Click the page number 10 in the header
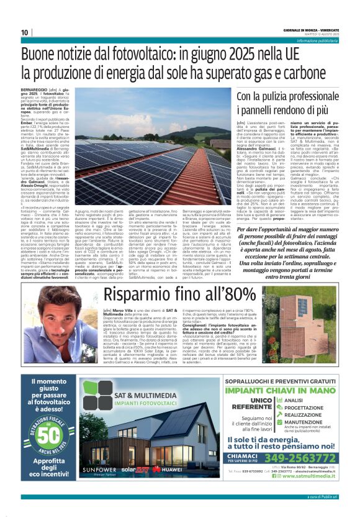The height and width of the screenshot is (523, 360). pos(25,33)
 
